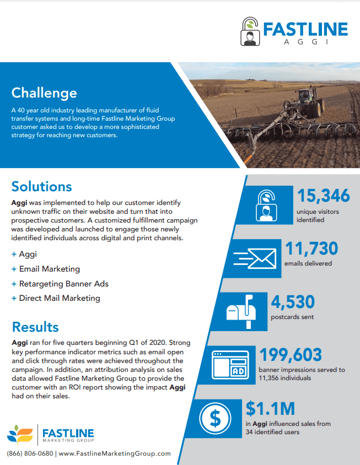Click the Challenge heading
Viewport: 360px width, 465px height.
[x=44, y=93]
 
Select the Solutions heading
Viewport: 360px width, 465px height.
[x=42, y=186]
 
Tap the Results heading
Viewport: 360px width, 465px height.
[x=35, y=327]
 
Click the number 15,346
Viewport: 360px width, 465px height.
[x=324, y=196]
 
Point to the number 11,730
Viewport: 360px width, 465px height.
[x=311, y=248]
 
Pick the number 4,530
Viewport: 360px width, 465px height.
[x=293, y=302]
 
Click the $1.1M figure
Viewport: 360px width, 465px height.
[x=270, y=408]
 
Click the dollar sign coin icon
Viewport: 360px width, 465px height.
[x=216, y=418]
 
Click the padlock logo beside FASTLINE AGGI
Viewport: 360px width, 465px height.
[x=250, y=31]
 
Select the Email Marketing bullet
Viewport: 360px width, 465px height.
[x=49, y=269]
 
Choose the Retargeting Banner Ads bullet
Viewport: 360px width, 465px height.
[x=63, y=284]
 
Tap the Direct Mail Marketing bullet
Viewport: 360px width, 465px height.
[x=60, y=298]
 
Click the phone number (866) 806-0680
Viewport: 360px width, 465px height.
[x=30, y=453]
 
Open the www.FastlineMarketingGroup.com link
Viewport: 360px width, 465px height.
[x=115, y=453]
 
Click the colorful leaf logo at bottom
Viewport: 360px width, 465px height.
[x=20, y=434]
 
